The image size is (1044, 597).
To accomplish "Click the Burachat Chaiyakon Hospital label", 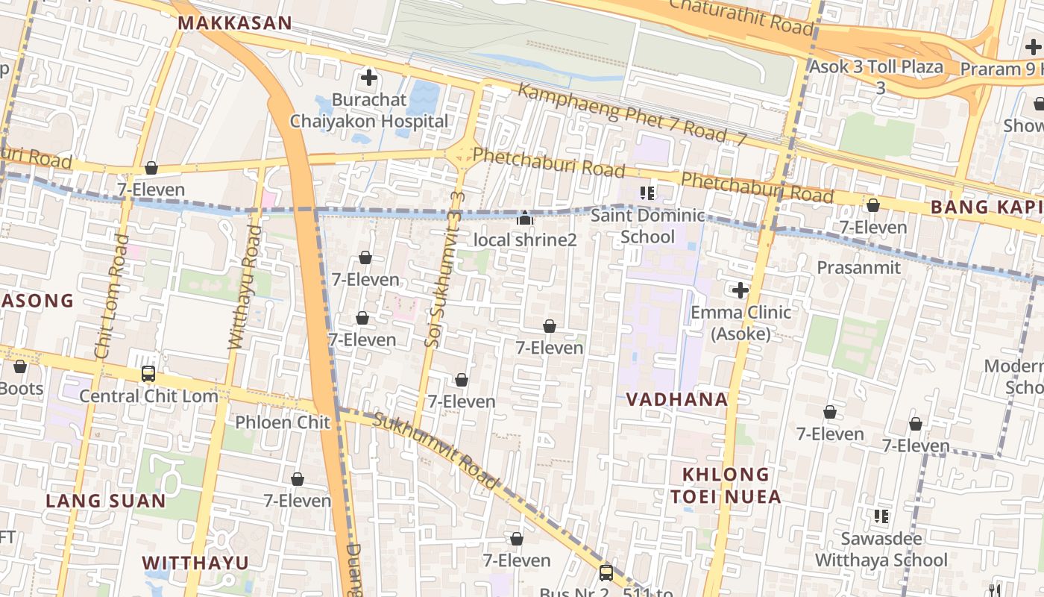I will click(369, 110).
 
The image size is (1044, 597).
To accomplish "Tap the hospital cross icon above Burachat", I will click(368, 77).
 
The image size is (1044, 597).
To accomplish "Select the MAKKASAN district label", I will click(235, 22).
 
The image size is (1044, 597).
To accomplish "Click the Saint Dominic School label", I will click(647, 226).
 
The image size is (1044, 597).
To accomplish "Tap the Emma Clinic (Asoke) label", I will click(740, 322).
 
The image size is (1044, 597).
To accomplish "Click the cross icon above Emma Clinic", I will click(740, 290).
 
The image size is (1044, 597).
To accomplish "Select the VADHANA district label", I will click(677, 399).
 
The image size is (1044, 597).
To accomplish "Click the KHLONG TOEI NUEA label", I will click(726, 485).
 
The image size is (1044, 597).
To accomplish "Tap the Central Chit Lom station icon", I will click(148, 374).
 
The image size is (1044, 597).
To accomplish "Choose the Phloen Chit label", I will click(283, 422).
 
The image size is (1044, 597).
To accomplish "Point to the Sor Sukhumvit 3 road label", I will click(444, 269).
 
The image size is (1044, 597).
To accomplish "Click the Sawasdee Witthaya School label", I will click(881, 549).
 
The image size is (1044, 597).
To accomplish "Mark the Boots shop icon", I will click(20, 366).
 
